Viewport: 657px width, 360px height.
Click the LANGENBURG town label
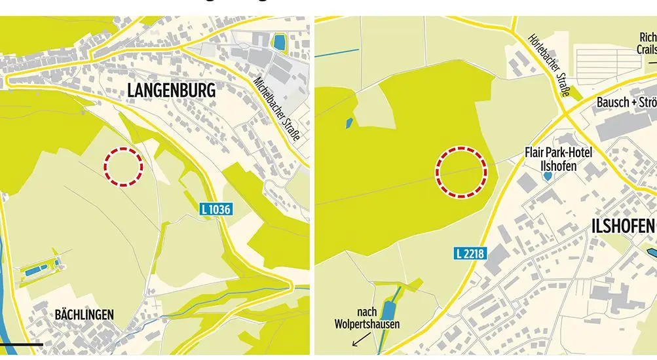[171, 90]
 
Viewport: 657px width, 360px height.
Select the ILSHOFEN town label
[622, 226]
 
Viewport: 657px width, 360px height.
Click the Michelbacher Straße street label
[276, 108]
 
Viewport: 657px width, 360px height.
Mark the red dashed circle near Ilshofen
[462, 171]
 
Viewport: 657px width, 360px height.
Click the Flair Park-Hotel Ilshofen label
[559, 159]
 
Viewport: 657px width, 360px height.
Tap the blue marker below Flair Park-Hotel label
[548, 176]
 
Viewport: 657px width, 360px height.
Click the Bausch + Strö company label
[626, 103]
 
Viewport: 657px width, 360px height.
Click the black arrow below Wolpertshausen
[359, 340]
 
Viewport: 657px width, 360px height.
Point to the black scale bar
[21, 344]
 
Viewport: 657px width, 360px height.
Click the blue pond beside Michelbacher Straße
[280, 43]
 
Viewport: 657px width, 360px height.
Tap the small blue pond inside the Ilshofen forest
[349, 122]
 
